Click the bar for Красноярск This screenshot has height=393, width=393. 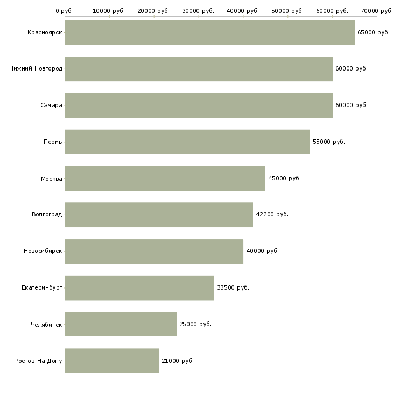pos(209,32)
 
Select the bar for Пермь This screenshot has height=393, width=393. pos(187,142)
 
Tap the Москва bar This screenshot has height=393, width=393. pos(165,178)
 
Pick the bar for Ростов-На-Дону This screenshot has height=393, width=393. pos(111,361)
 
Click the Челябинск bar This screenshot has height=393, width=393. pos(121,324)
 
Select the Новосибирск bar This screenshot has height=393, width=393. pos(154,251)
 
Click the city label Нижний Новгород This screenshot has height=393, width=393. pos(36,69)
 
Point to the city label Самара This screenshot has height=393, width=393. pos(51,106)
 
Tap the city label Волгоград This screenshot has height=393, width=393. pos(47,215)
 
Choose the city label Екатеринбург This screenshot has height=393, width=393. pos(42,288)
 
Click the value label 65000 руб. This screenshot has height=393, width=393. pos(373,33)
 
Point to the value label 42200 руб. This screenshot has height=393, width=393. pos(272,215)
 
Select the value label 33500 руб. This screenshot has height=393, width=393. pos(233,288)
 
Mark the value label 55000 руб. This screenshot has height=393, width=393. pos(328,142)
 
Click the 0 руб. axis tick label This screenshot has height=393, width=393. pos(65,11)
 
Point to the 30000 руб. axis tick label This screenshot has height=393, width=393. pos(199,11)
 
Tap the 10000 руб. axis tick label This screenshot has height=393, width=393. pos(109,11)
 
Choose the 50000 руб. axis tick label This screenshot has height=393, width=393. pos(287,11)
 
